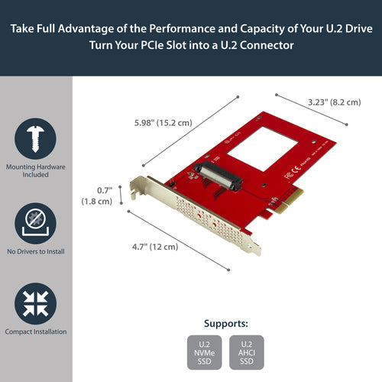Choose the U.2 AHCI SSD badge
coord(246,353)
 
